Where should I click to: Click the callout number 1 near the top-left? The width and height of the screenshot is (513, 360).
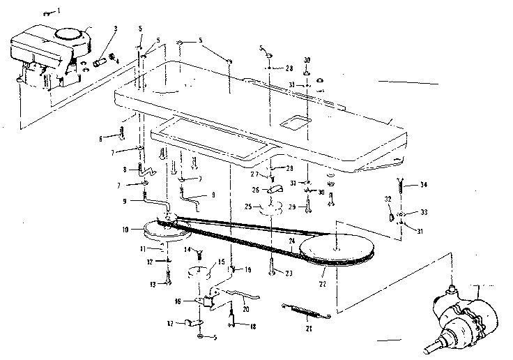[58, 12]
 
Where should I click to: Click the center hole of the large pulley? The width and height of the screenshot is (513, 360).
[336, 246]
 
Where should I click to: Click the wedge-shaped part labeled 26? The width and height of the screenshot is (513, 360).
[273, 190]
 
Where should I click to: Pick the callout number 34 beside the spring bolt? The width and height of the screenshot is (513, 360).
[423, 185]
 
